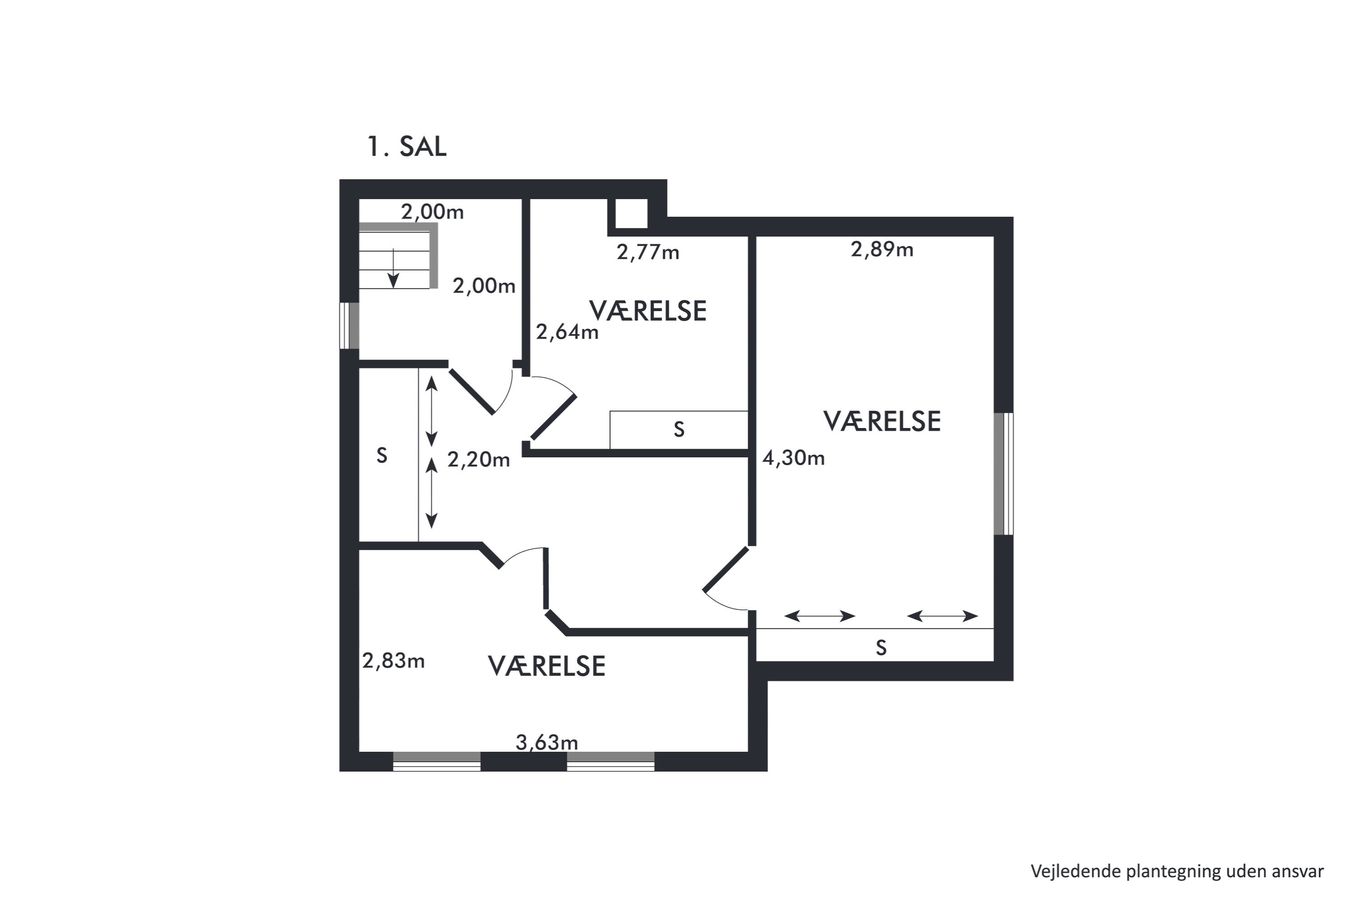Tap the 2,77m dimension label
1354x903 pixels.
tap(648, 252)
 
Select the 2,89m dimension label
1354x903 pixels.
tap(882, 249)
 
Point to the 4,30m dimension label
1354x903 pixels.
tap(793, 458)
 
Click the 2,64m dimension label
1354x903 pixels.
tap(567, 332)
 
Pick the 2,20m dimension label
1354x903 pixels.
tap(478, 460)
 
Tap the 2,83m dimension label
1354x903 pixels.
tap(393, 661)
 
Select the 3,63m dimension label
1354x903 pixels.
tap(546, 743)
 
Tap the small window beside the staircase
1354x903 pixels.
tap(349, 326)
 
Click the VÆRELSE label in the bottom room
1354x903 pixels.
tap(546, 666)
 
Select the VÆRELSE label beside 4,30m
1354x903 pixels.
tap(882, 422)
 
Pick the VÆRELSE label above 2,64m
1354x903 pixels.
tap(648, 311)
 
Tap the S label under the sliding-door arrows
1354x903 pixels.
tap(881, 648)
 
